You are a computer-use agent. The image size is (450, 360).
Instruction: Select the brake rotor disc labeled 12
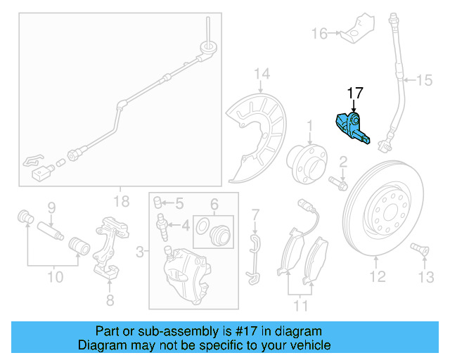click(x=385, y=210)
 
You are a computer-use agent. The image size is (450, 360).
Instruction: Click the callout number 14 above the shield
click(x=262, y=74)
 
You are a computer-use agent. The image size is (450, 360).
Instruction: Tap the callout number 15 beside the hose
click(x=424, y=81)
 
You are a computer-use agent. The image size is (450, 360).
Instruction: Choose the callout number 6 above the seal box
click(x=214, y=204)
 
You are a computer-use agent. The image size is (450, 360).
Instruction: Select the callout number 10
click(x=55, y=276)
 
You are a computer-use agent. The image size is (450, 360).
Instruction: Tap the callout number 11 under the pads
click(x=301, y=306)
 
